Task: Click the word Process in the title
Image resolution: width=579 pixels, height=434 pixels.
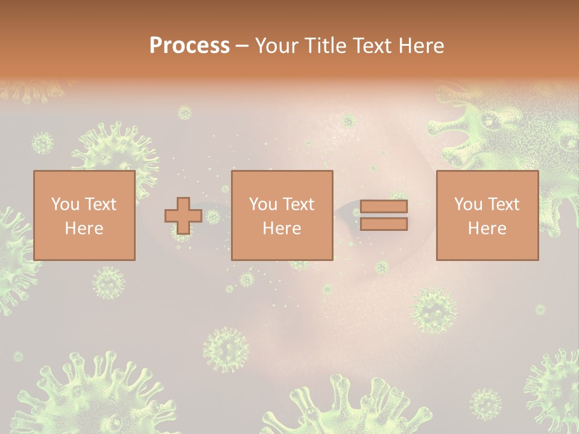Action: click(189, 45)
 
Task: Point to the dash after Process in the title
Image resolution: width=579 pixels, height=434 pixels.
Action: click(242, 46)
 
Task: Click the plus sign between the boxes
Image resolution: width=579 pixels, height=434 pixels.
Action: click(183, 216)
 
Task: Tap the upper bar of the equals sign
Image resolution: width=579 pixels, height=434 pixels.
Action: click(384, 206)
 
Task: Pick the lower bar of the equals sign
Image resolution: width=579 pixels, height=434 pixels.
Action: click(384, 224)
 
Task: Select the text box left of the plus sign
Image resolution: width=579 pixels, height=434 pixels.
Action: click(84, 215)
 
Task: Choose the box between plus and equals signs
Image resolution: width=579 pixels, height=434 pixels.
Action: click(282, 215)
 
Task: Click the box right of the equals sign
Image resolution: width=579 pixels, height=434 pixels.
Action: click(487, 215)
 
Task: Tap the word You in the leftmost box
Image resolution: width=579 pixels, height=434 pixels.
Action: click(64, 204)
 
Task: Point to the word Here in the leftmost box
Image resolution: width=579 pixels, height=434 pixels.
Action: click(84, 228)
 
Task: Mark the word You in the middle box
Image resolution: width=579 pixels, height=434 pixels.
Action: click(262, 204)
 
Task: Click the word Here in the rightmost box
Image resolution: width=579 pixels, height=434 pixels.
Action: click(487, 228)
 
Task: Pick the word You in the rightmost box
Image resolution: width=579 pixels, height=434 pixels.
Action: click(467, 204)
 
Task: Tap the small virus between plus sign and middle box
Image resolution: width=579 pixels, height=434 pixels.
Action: click(213, 216)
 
